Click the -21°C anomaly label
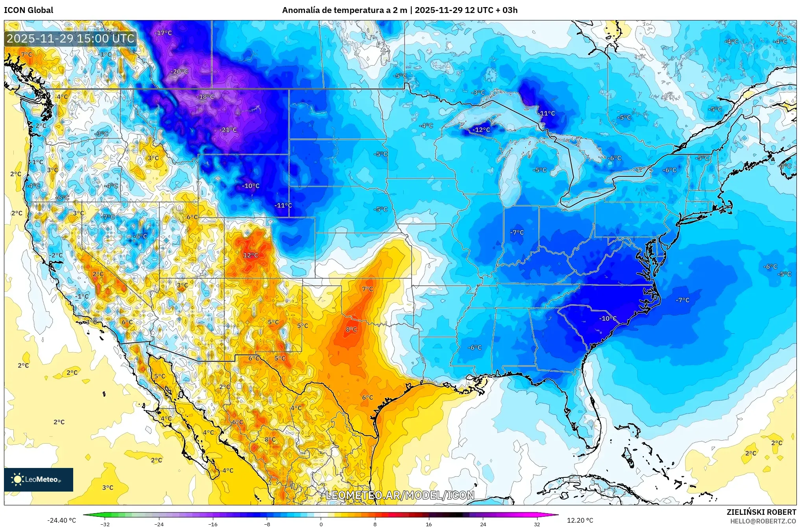click(x=228, y=129)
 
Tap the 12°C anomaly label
click(x=250, y=255)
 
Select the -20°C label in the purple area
click(x=179, y=71)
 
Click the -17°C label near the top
click(x=163, y=33)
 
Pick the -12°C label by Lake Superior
click(x=481, y=129)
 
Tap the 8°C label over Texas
click(x=351, y=329)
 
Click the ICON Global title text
click(x=28, y=10)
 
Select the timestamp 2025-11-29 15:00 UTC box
click(x=71, y=39)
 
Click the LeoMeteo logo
click(x=39, y=479)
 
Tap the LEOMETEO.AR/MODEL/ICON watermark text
click(x=400, y=495)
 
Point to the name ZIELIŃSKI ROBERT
click(x=761, y=512)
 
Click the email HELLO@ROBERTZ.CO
click(x=763, y=521)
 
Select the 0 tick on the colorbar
click(x=321, y=524)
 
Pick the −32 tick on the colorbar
click(x=105, y=524)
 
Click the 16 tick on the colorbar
click(x=429, y=524)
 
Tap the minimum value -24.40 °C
click(x=61, y=520)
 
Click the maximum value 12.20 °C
click(x=580, y=520)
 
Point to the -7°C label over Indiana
click(x=517, y=232)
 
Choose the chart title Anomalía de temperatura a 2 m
click(x=344, y=10)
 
